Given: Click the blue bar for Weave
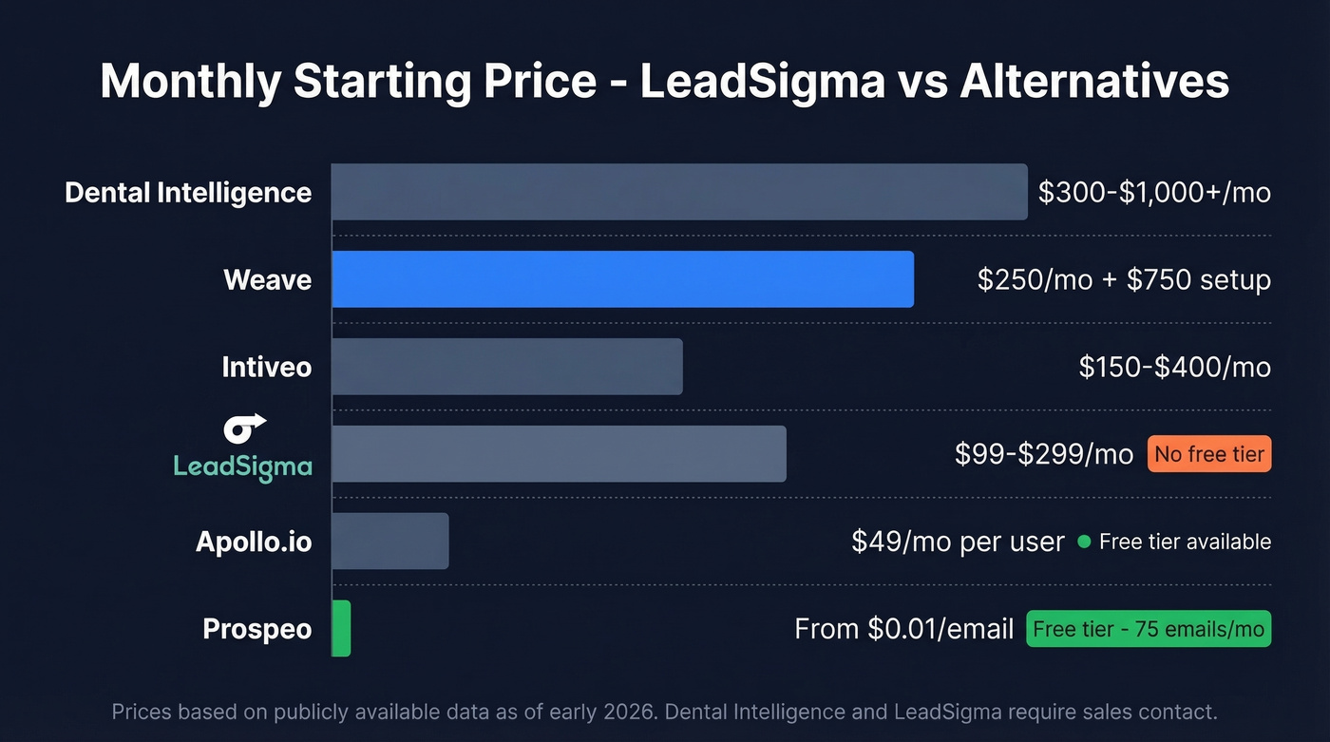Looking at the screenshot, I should [x=622, y=279].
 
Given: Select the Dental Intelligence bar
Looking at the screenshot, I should [x=679, y=192].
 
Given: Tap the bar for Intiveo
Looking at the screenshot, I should [x=507, y=367].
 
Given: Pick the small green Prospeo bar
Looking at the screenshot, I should [x=342, y=628].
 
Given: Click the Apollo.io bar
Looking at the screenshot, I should [x=390, y=542].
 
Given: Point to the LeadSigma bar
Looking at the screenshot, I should [x=559, y=454].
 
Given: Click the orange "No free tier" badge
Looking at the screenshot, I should [x=1208, y=454].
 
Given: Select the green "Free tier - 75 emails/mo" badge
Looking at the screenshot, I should [x=1148, y=629].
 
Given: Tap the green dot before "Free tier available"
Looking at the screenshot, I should [x=1083, y=542].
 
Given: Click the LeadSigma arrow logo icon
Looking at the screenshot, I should [x=244, y=428].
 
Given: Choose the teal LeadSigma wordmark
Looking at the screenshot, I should [x=242, y=466].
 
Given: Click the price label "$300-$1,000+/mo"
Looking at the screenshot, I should [x=1153, y=192].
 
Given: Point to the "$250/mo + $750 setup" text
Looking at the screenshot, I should [x=1124, y=279].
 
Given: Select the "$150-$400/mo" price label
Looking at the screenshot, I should [x=1174, y=367].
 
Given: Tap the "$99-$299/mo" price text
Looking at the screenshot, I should [x=1044, y=454].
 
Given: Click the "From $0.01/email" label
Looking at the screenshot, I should [x=903, y=629].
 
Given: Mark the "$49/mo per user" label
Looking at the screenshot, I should [x=958, y=542].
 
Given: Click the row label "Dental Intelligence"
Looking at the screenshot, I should [x=188, y=192].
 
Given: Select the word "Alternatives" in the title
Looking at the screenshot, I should [x=1094, y=82].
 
